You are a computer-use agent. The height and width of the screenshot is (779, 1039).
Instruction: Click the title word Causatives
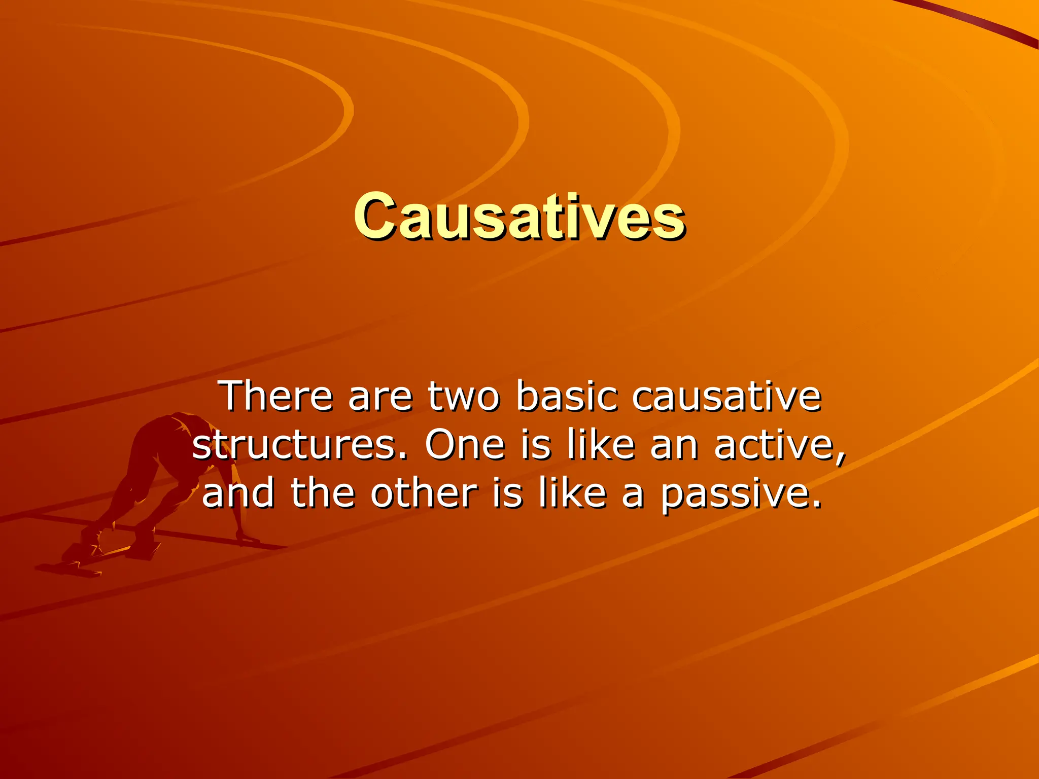519,217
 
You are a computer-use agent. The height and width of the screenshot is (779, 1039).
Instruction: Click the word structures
300,444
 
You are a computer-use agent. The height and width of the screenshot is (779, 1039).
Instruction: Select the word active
779,444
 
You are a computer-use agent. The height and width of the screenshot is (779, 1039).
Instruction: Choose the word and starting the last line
238,494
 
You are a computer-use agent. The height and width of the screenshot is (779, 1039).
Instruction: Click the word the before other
323,494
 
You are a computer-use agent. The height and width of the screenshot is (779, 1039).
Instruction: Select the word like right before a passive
573,494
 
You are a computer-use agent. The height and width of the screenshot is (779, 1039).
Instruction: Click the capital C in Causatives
374,217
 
